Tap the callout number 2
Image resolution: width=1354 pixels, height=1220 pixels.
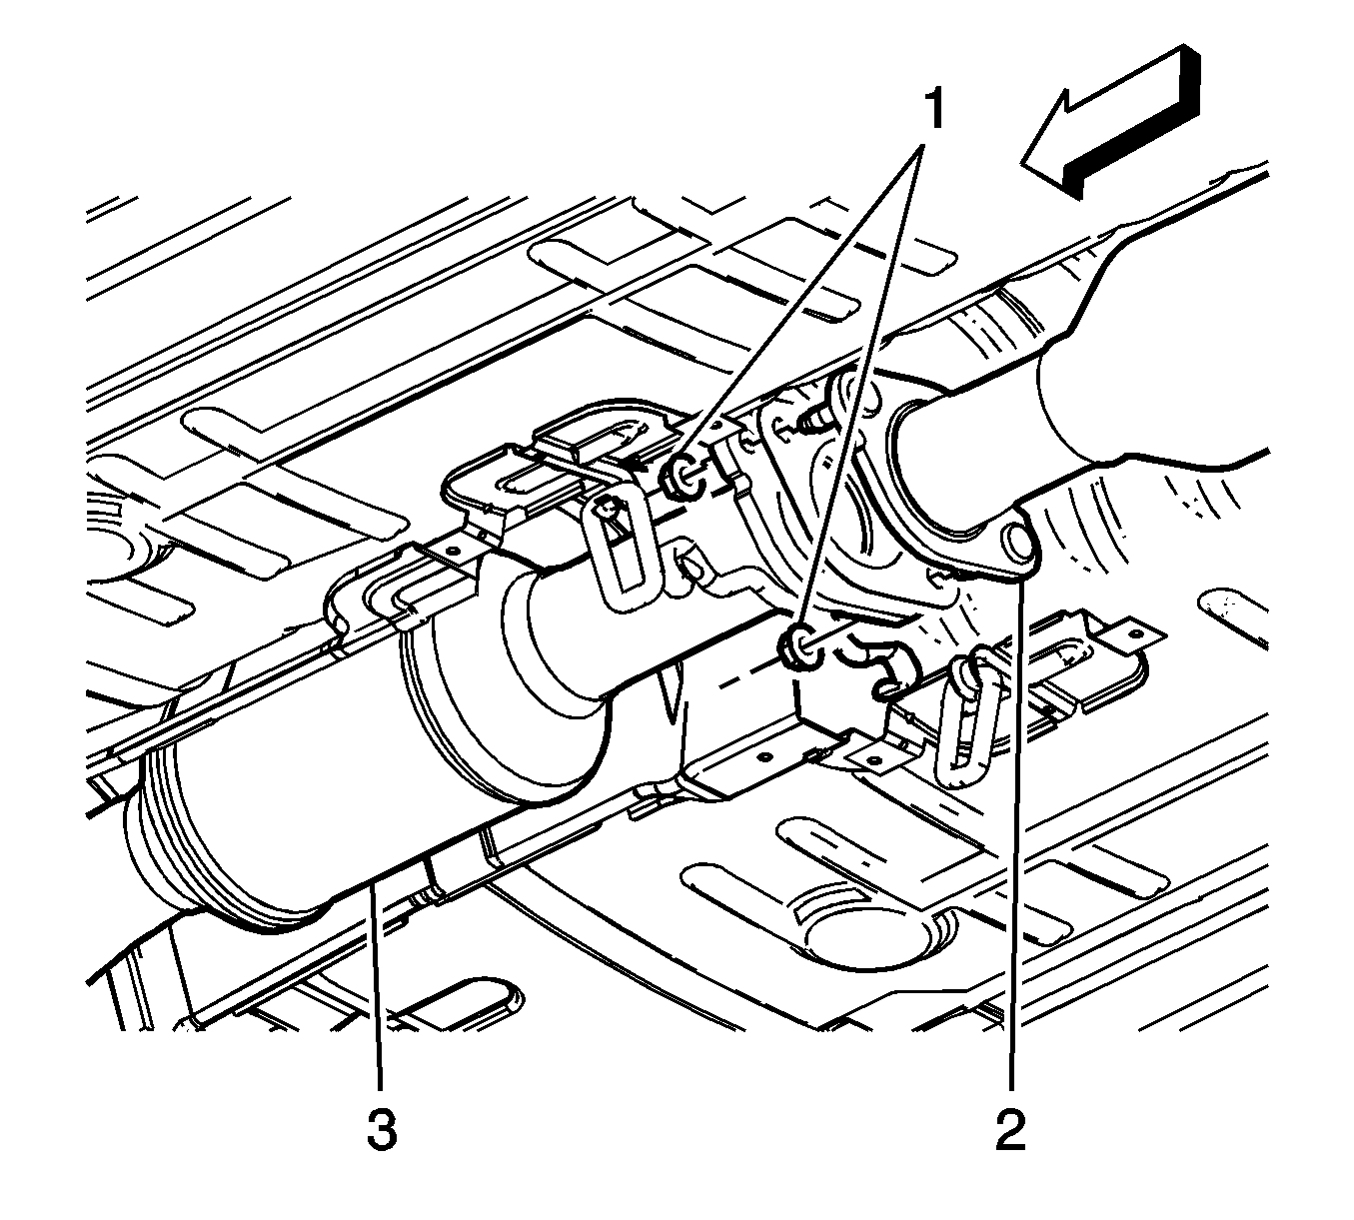1011,1128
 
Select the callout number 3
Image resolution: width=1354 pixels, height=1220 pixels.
382,1128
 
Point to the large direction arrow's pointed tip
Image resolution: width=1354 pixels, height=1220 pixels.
1022,162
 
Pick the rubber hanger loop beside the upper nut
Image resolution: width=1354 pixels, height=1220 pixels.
622,553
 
